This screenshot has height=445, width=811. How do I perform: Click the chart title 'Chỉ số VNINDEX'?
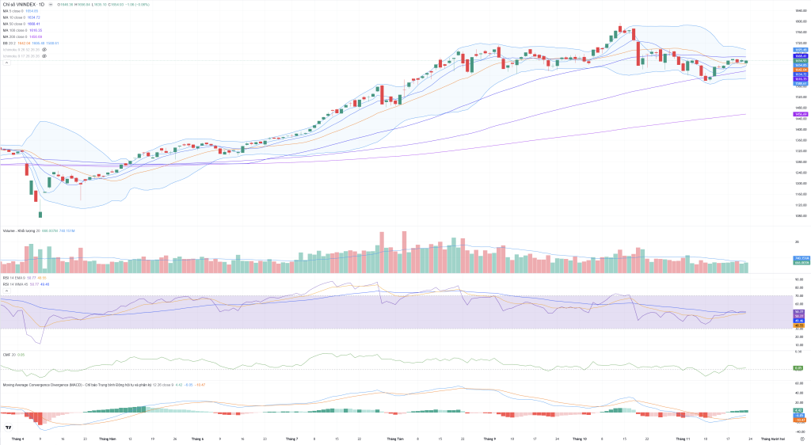(x=24, y=4)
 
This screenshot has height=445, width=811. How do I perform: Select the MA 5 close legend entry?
(x=14, y=11)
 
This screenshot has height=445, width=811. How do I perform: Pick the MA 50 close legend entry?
(x=15, y=24)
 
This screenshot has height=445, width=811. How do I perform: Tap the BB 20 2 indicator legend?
(x=10, y=43)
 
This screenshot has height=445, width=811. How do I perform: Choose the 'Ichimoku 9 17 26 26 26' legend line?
(x=20, y=56)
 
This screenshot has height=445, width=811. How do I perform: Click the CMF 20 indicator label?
(x=9, y=355)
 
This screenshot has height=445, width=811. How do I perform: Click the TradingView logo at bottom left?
(x=8, y=428)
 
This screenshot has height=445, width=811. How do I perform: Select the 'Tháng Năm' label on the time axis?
(x=107, y=437)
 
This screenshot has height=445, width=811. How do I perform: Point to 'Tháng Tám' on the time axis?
(x=394, y=437)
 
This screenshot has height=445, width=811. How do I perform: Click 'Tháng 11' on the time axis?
(x=683, y=437)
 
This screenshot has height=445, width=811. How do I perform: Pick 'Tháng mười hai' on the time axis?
(x=773, y=437)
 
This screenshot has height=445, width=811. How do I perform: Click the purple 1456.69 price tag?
(x=800, y=114)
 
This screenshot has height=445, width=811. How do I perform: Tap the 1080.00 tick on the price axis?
(x=800, y=215)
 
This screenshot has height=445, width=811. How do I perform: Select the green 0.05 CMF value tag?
(x=798, y=368)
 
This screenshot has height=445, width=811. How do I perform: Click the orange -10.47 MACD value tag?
(x=800, y=420)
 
